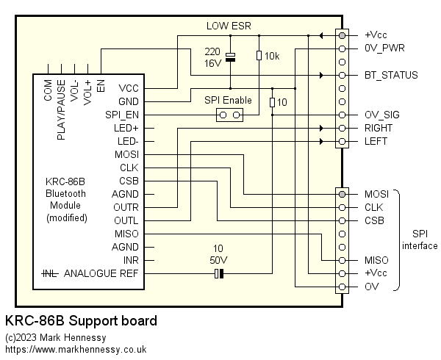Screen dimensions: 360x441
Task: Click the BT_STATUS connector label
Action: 391,75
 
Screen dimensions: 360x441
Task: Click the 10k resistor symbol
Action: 258,56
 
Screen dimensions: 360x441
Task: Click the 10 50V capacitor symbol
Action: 218,274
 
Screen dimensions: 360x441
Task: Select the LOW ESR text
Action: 228,26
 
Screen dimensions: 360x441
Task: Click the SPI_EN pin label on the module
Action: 122,115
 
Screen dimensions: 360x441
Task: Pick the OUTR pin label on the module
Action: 125,207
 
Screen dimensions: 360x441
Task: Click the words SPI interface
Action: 420,240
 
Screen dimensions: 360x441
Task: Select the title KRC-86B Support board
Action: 81,322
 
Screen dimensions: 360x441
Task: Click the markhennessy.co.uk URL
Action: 76,350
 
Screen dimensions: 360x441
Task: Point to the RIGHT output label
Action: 379,128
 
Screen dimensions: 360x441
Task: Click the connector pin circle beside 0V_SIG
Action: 342,115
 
